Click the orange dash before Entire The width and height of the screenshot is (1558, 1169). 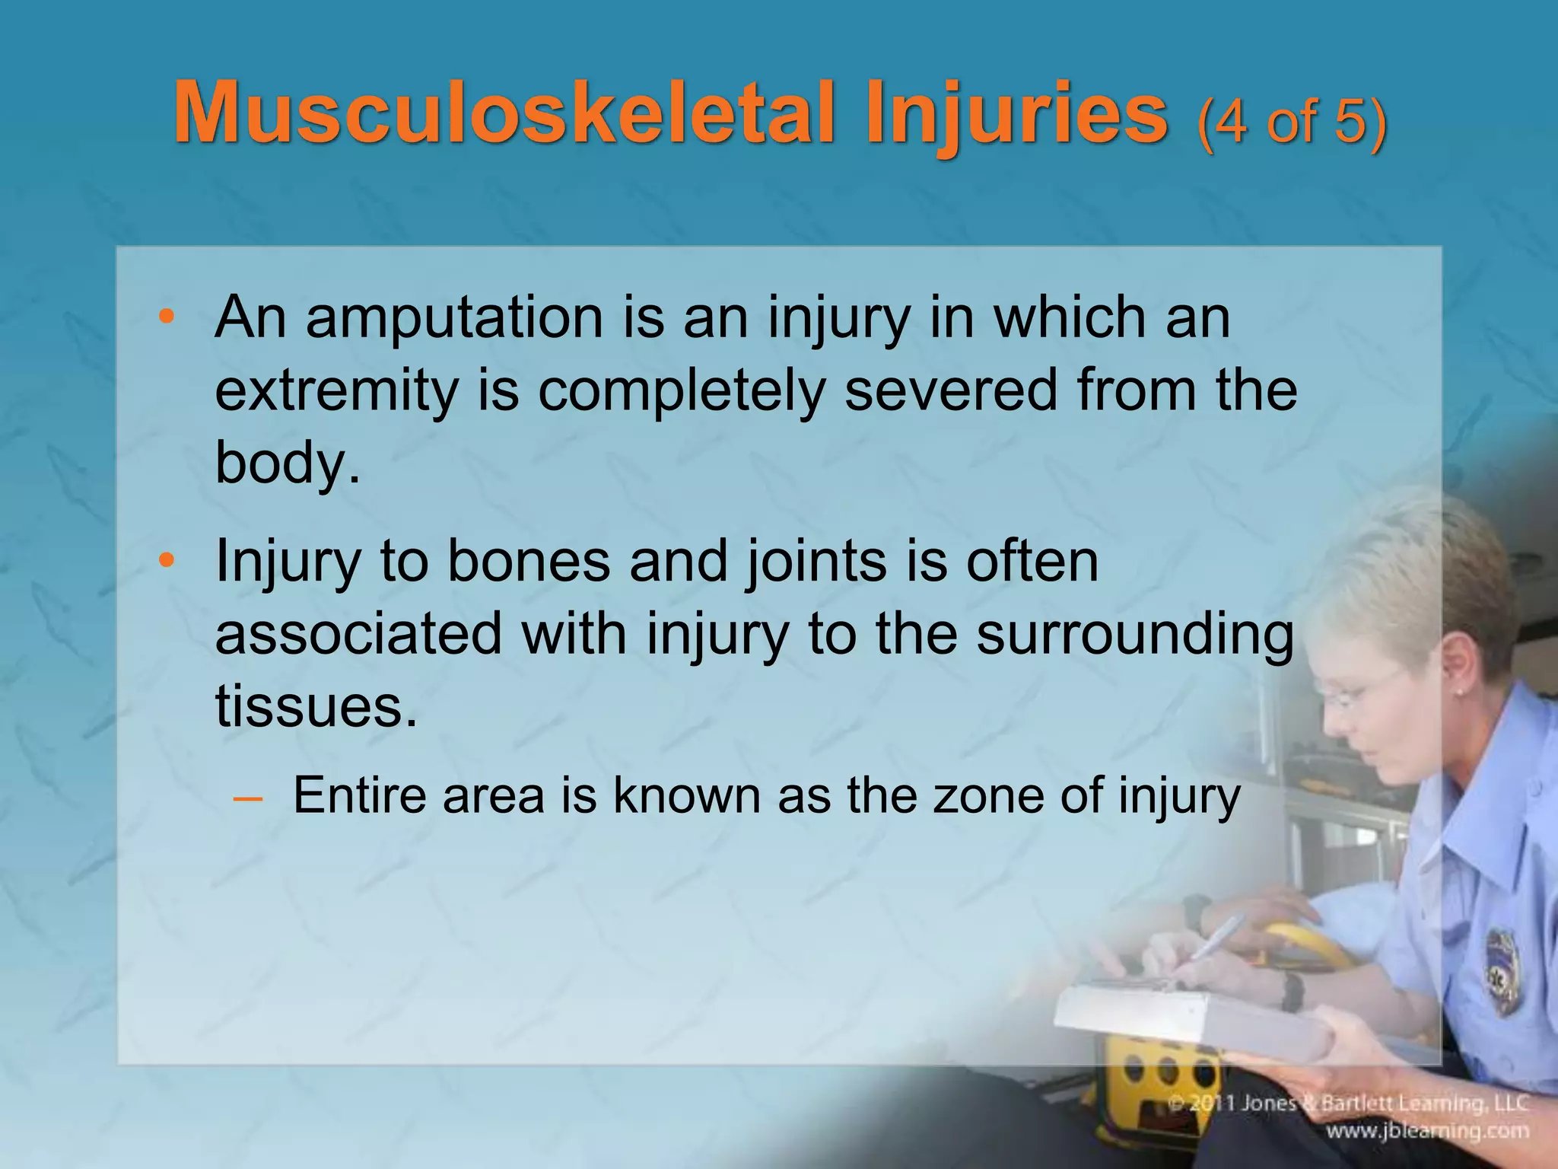(247, 798)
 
